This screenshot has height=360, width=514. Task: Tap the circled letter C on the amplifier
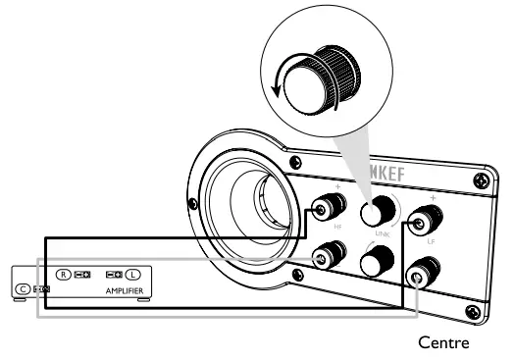(x=22, y=290)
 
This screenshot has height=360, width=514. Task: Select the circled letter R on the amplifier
(x=64, y=275)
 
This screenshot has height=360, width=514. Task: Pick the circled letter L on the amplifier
(x=134, y=275)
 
